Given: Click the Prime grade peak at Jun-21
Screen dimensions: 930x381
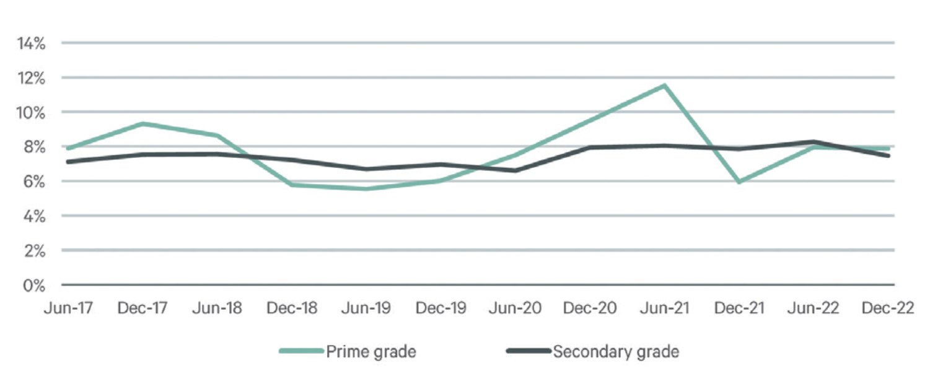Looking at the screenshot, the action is point(665,85).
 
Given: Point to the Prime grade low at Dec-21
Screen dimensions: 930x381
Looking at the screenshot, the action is point(739,182).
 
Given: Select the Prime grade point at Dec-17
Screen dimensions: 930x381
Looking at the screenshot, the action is point(143,123).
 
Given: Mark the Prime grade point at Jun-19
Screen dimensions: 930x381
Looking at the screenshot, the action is point(366,189).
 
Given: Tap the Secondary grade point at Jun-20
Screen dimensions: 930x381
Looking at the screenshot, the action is point(515,170).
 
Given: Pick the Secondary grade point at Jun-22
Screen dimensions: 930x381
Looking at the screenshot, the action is point(814,142).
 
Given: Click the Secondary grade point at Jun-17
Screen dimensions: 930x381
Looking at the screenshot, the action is point(68,162).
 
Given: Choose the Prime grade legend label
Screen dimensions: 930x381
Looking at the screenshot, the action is point(371,352).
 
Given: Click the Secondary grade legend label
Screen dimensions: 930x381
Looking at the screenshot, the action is point(616,352).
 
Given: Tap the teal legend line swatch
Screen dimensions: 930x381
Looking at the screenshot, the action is point(301,351).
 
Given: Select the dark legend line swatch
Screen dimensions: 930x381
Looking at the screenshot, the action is point(529,351).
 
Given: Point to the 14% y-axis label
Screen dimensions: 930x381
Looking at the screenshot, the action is point(31,43).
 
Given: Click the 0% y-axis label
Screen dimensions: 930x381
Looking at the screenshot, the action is point(34,286).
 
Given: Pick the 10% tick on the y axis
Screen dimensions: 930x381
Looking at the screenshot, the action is point(31,113).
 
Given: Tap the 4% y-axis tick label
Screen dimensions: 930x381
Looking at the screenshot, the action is point(34,216).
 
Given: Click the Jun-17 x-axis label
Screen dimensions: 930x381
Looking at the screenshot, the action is point(69,308).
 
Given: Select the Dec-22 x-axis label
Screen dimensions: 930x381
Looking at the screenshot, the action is point(888,308).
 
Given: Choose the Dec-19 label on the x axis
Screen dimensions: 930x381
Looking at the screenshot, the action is point(441,308).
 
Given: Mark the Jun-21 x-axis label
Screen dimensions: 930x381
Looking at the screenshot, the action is point(665,308).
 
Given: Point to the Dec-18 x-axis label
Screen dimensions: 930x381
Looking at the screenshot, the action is point(292,308).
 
